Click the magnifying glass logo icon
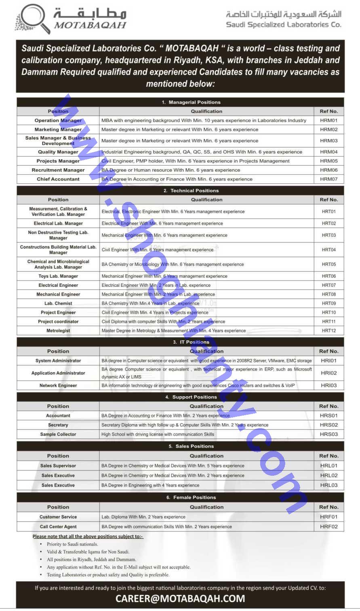click(x=31, y=18)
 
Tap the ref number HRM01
click(x=328, y=120)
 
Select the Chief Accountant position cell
click(x=58, y=179)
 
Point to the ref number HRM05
click(x=328, y=161)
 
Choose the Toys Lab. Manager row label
click(x=58, y=276)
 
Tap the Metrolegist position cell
click(x=58, y=331)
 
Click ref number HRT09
click(x=328, y=303)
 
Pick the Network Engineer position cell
click(x=58, y=386)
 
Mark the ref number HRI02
click(x=328, y=373)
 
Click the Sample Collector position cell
click(x=58, y=435)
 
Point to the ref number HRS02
click(x=328, y=425)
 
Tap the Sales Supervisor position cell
click(x=58, y=466)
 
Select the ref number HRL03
click(x=328, y=485)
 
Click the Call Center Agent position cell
click(x=58, y=527)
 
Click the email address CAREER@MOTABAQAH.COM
click(x=180, y=598)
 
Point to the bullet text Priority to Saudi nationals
click(x=72, y=544)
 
